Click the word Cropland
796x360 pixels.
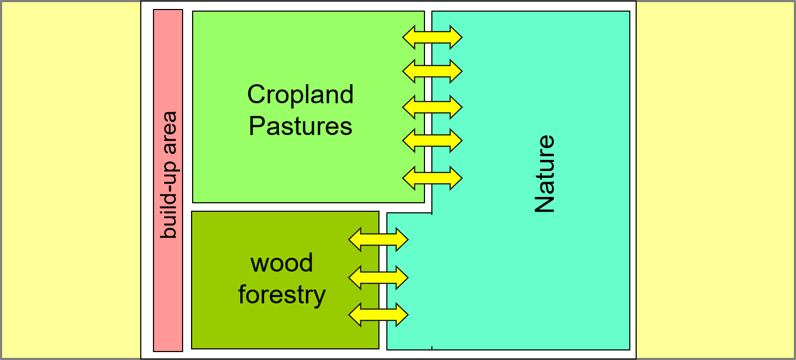coord(300,95)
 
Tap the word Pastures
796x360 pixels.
coord(300,127)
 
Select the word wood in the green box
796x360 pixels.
coord(282,263)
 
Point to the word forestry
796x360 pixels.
coord(282,294)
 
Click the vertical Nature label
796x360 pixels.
coord(545,174)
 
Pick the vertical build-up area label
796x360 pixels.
coord(168,175)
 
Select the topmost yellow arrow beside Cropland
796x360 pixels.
coord(432,37)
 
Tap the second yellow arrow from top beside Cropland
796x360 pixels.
coord(432,70)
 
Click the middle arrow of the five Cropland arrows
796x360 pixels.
coord(432,107)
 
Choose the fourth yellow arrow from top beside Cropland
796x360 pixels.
coord(432,140)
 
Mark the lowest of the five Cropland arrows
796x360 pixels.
coord(432,178)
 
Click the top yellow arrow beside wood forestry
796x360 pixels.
coord(378,240)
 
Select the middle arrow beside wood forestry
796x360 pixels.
coord(378,277)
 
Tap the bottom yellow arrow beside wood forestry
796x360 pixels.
coord(378,314)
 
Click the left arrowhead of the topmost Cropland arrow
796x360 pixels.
coord(408,37)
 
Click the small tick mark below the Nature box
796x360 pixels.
coord(432,348)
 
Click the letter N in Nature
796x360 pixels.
coord(545,204)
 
